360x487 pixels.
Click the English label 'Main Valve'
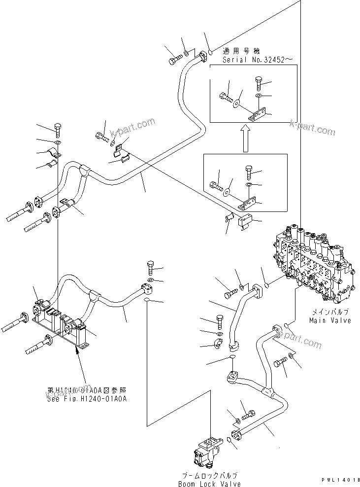(330, 320)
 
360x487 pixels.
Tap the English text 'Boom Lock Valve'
(210, 484)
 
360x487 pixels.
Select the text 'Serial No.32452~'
(258, 59)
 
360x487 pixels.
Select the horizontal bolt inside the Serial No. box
(226, 97)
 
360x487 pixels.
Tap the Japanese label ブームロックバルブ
(210, 476)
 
